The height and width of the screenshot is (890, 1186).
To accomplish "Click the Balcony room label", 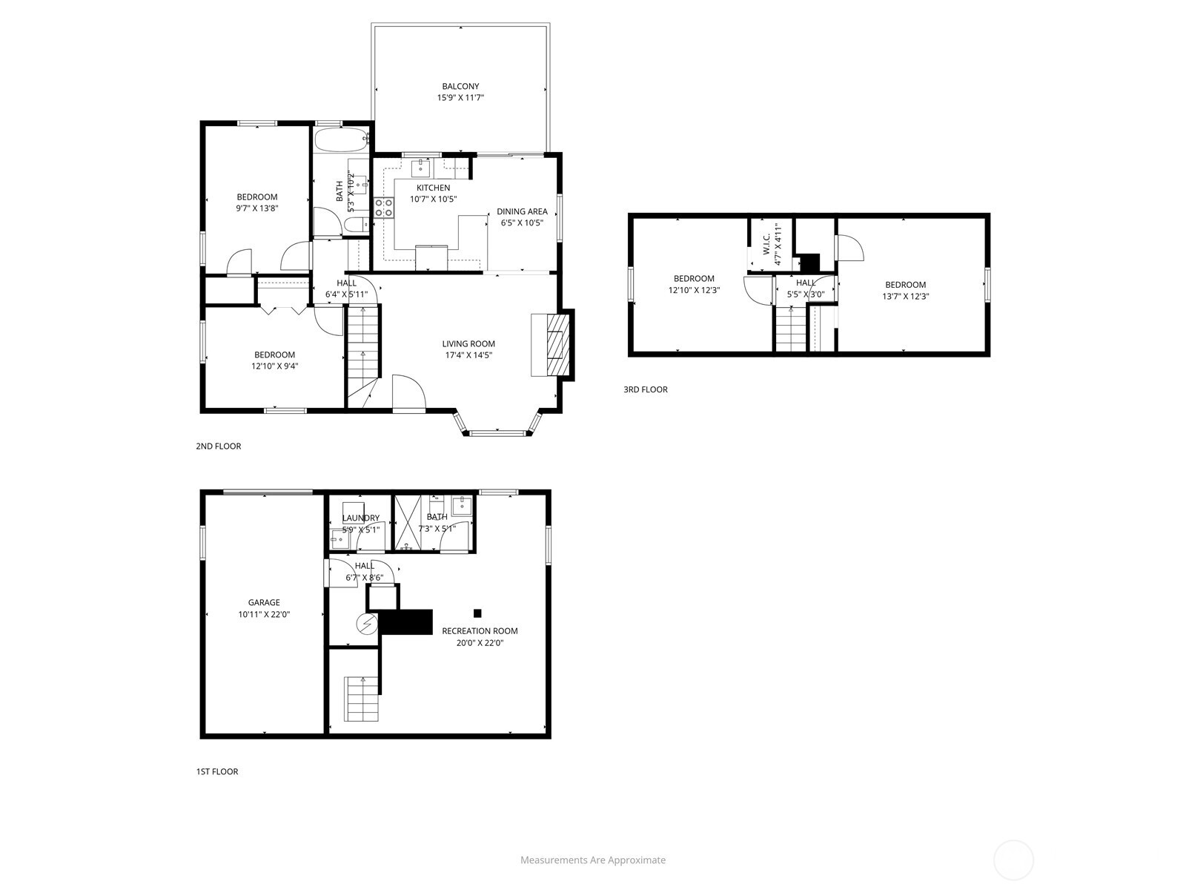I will [460, 86].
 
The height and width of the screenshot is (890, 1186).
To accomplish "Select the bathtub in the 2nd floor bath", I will [340, 139].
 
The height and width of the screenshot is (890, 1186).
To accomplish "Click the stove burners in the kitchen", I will [383, 207].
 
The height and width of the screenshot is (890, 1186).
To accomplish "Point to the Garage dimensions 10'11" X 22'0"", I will [264, 614].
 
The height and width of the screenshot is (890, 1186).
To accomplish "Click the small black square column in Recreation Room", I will [477, 613].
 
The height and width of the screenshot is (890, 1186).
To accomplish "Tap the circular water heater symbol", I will [366, 624].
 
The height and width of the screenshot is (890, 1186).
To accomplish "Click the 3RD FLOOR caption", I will [645, 389].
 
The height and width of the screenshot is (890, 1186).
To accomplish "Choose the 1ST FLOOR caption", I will [216, 771].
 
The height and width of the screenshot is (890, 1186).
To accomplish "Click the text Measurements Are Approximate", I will [592, 860].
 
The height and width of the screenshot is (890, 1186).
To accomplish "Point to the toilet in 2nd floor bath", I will [354, 225].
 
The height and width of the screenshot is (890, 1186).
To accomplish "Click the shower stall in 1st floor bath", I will [405, 523].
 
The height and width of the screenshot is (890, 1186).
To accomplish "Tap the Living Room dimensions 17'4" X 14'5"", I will [468, 355].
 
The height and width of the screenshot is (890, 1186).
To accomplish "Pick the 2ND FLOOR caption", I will [218, 446].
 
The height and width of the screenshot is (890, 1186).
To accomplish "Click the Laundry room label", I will [361, 518].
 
